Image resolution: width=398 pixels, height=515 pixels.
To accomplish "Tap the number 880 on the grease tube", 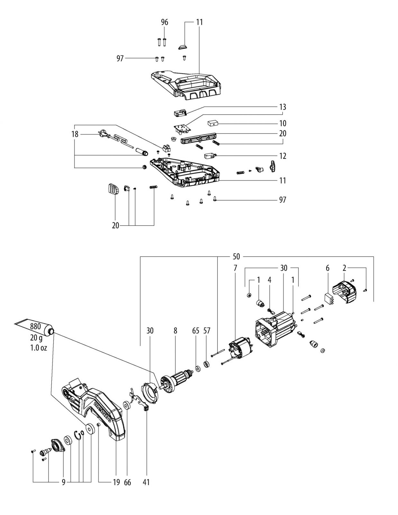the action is point(35,326).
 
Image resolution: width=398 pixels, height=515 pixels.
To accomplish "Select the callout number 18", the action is point(75,134).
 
